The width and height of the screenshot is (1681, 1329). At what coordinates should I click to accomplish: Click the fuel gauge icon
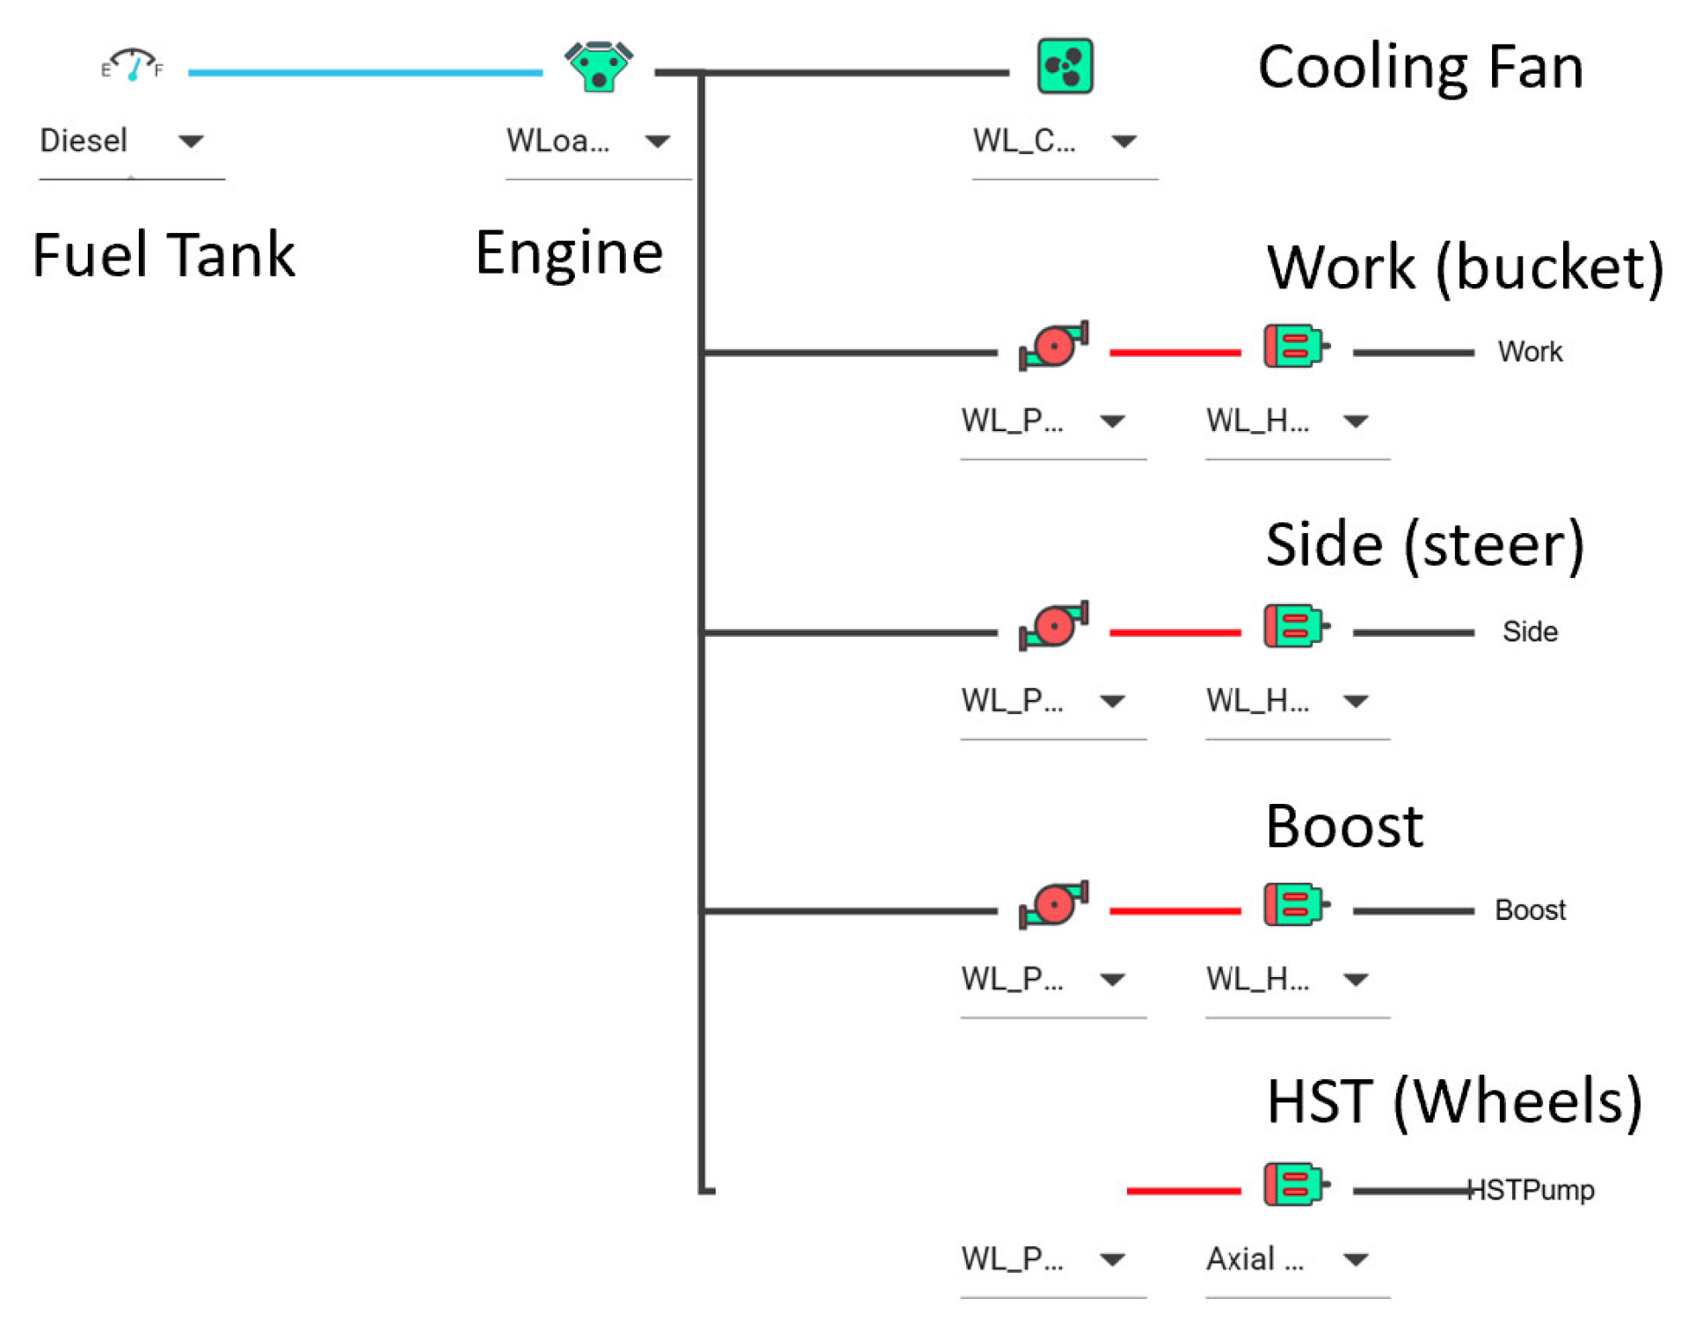[x=132, y=64]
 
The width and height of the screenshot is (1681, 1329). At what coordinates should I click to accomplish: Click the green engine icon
[x=599, y=66]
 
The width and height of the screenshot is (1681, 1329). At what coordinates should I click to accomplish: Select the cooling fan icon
[x=1065, y=66]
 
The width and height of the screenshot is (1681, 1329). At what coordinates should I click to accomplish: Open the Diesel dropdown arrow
[x=191, y=141]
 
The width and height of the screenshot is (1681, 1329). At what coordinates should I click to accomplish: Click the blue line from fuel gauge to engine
[x=365, y=72]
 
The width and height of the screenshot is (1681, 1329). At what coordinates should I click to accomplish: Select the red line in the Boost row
[x=1175, y=911]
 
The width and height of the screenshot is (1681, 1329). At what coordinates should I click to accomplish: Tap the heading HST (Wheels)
[x=1454, y=1101]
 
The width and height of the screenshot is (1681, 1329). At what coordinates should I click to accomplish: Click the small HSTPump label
[x=1531, y=1190]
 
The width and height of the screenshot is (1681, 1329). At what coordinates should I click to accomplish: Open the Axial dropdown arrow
[x=1356, y=1260]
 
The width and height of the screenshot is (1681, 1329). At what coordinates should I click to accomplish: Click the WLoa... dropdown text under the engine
[x=557, y=141]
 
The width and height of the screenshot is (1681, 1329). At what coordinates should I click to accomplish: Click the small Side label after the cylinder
[x=1530, y=632]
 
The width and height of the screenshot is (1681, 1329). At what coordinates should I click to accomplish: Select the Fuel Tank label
[x=164, y=255]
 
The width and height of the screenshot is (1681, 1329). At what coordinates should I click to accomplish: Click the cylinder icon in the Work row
[x=1296, y=345]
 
